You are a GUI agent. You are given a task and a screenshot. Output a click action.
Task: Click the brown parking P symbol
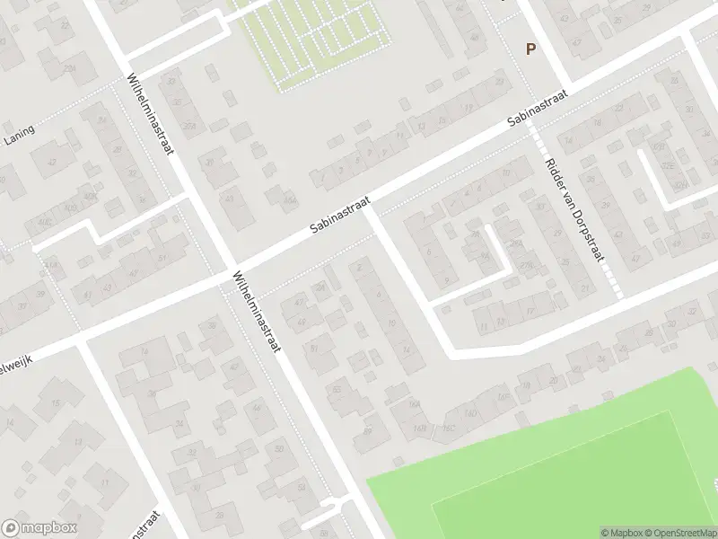(x=530, y=50)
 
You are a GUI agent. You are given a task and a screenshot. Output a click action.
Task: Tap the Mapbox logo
(x=39, y=528)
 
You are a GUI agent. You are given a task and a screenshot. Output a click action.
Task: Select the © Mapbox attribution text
(x=621, y=533)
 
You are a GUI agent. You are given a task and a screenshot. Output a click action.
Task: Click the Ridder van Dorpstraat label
(x=572, y=212)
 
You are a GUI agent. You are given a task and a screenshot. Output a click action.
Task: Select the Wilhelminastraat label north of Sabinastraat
(x=150, y=113)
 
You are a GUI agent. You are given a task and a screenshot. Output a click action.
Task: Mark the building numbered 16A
(x=415, y=405)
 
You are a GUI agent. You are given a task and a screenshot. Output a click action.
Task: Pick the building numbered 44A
(x=289, y=199)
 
